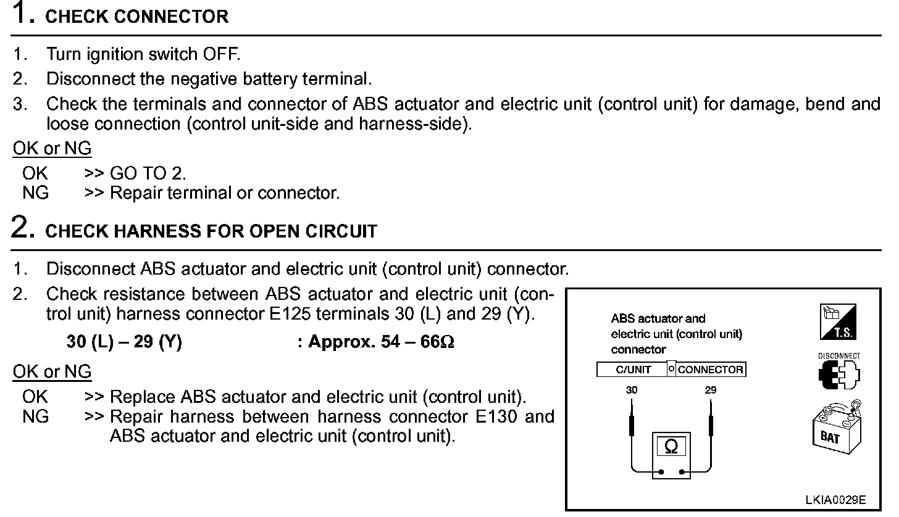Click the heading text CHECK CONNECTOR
coord(137,17)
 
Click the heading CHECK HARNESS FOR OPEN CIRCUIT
coord(211,231)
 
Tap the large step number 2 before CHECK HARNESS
coord(23,228)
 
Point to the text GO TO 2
coord(148,173)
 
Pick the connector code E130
coord(497,416)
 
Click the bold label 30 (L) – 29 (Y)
coord(124,342)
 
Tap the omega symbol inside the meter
coord(671,446)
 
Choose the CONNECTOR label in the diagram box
coord(710,370)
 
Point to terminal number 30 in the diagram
coord(631,390)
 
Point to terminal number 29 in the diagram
coord(711,390)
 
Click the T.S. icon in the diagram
coord(837,322)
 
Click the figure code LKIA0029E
coord(835,499)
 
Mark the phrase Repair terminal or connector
coord(225,193)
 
